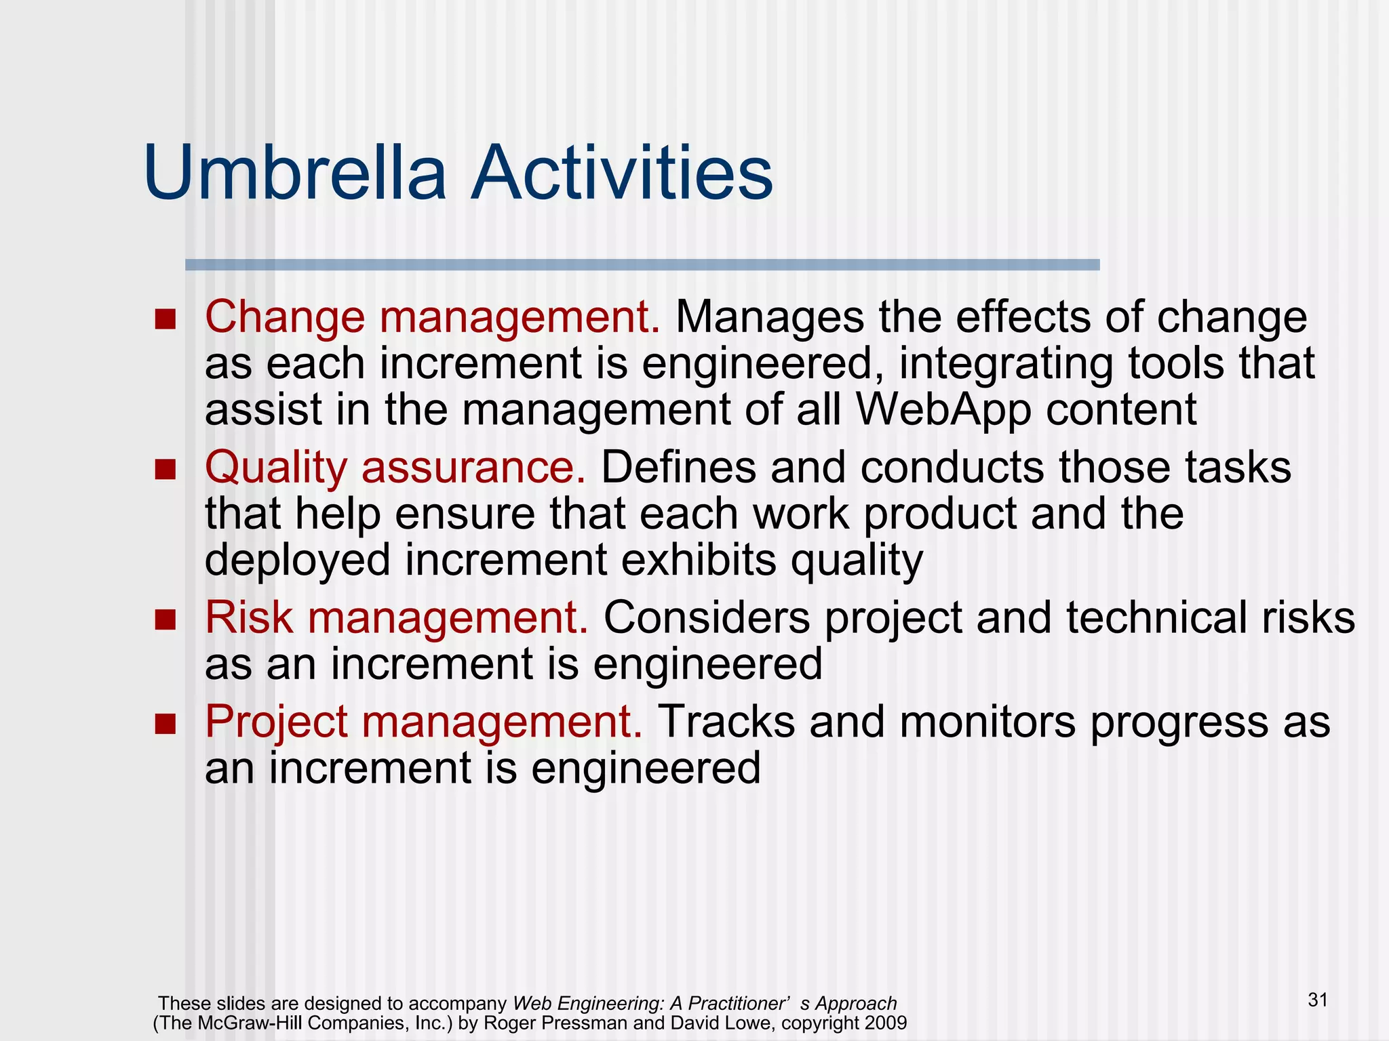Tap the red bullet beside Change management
165,319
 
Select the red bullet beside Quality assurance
165,469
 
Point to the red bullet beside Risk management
165,619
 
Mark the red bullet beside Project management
165,723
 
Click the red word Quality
275,469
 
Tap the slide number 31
1318,1000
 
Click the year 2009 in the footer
885,1023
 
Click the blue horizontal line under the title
642,265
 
